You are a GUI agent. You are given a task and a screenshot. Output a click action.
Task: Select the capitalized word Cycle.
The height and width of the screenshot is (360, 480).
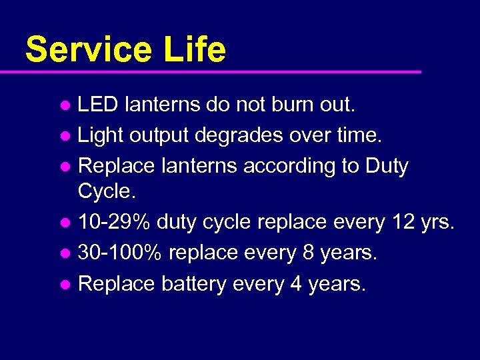click(104, 191)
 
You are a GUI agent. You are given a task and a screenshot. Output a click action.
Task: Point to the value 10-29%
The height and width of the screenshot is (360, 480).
click(113, 222)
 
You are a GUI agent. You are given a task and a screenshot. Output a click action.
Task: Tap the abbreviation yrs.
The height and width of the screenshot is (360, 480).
click(437, 223)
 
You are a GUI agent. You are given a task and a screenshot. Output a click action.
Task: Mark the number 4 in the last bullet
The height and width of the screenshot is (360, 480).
click(296, 284)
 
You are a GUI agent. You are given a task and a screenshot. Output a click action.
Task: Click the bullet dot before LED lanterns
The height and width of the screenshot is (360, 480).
click(65, 105)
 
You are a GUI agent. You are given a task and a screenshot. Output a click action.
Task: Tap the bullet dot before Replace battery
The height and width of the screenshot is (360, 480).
click(65, 285)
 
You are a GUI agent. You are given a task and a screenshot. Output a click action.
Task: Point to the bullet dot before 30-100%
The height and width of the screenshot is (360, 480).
click(65, 253)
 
